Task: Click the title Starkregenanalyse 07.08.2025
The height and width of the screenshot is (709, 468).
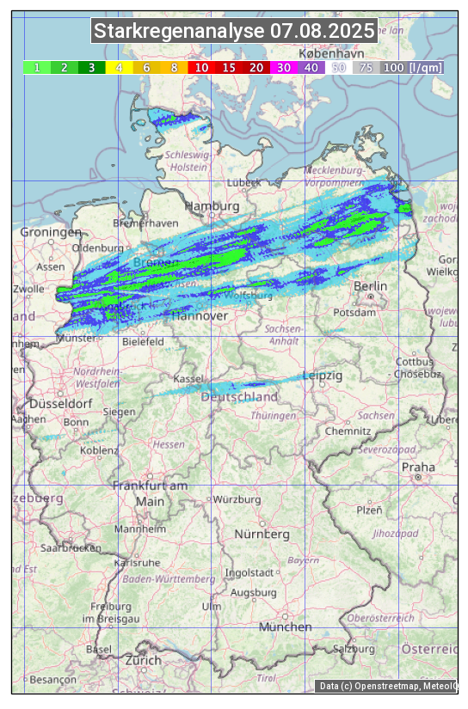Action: (x=234, y=32)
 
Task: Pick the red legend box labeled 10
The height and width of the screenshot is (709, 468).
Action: (x=201, y=67)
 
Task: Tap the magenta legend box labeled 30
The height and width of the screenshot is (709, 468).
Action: (x=283, y=67)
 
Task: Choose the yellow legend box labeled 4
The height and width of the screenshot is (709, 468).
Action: (x=120, y=67)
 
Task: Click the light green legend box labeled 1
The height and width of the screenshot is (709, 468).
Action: (x=37, y=67)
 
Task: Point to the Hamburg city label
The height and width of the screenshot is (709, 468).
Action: (x=212, y=207)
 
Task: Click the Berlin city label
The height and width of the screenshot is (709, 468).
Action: (x=370, y=286)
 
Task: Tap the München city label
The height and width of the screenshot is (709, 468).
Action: (x=285, y=627)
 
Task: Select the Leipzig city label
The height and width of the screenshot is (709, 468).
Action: (x=323, y=376)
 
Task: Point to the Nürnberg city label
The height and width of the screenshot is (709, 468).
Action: (x=262, y=535)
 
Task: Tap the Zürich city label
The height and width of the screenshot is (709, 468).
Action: (x=143, y=660)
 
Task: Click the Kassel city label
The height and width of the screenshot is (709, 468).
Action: (x=188, y=379)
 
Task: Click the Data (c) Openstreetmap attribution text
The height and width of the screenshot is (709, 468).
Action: (x=387, y=686)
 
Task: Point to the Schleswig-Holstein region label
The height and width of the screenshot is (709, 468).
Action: (x=187, y=161)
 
